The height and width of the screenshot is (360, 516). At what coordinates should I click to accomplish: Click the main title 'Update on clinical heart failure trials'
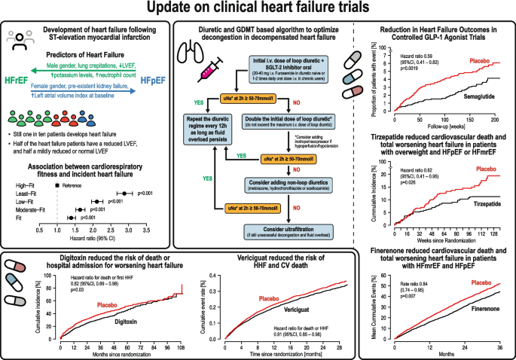(x=258, y=9)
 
